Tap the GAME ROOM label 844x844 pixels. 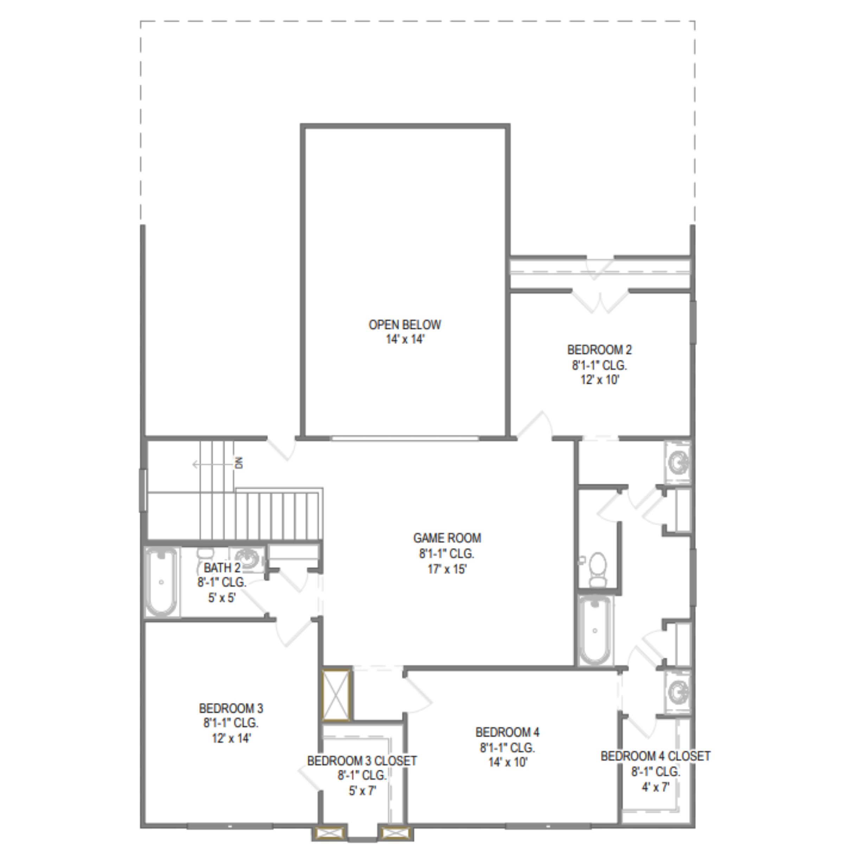click(x=447, y=538)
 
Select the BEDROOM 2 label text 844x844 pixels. click(x=599, y=350)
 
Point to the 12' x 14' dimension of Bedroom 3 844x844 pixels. click(x=231, y=738)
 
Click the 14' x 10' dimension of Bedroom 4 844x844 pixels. click(x=507, y=762)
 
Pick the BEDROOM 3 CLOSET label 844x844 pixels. click(x=362, y=761)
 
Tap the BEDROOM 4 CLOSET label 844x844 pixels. click(x=655, y=756)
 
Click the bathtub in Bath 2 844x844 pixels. click(x=161, y=582)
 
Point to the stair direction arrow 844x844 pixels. click(x=213, y=464)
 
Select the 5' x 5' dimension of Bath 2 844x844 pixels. click(x=222, y=597)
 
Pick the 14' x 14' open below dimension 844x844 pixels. click(x=405, y=339)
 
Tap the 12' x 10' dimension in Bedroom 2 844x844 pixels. click(x=599, y=380)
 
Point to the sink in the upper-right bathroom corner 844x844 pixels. click(x=678, y=462)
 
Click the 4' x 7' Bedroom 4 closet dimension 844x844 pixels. click(x=655, y=787)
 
